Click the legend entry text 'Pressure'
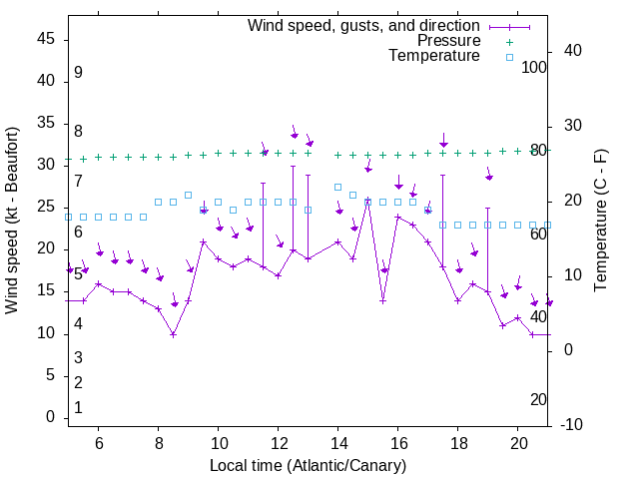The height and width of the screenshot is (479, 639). coord(449,41)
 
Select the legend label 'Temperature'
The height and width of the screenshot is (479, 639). coord(434,56)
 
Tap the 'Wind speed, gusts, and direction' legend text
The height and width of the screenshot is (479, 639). coord(364,26)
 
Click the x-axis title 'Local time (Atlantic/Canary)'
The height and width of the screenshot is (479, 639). coord(309,466)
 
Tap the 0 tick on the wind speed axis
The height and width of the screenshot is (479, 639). coord(51,418)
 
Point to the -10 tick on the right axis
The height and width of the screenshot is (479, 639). coord(575,425)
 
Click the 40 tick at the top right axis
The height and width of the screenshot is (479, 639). coord(572,51)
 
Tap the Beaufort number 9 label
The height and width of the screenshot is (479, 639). coord(78,73)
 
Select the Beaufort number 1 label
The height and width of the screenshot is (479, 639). coord(78,407)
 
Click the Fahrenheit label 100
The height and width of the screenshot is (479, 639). coord(534,68)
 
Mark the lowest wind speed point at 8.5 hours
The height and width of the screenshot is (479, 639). coord(173,334)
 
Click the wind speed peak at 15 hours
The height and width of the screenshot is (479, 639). coord(367,201)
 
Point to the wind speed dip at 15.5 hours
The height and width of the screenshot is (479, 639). coord(382,300)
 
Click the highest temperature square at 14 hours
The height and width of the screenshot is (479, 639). coord(337,187)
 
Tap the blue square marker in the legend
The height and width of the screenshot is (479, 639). coord(509,57)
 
